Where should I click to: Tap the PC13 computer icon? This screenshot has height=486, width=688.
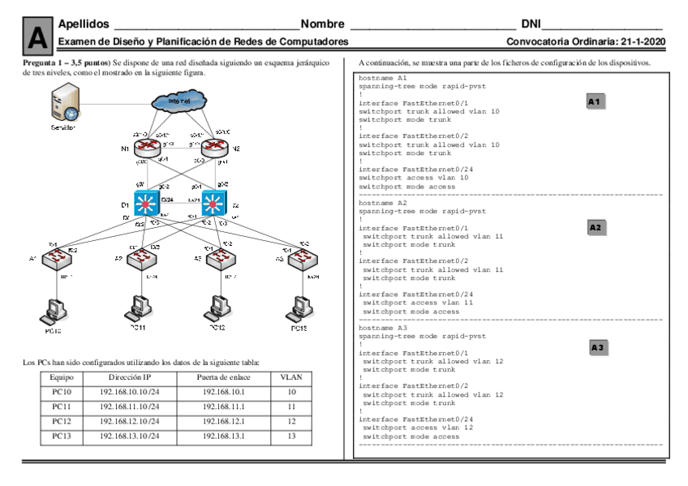299,308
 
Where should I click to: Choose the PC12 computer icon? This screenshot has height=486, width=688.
216,308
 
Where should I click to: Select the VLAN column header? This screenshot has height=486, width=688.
290,378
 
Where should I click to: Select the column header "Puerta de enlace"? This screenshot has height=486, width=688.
226,378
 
